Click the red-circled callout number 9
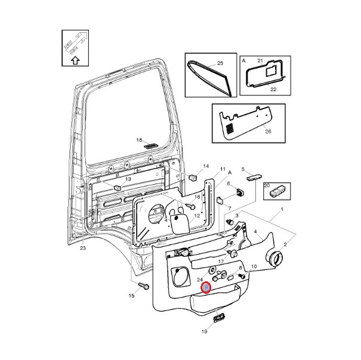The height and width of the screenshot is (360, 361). (206, 287)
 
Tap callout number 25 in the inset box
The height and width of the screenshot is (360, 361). (220, 63)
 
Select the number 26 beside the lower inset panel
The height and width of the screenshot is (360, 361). (268, 131)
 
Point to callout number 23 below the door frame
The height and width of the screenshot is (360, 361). (83, 248)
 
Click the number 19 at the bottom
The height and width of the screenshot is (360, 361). (204, 331)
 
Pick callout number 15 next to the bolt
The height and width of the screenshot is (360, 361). (131, 296)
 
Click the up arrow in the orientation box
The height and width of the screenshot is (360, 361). (75, 61)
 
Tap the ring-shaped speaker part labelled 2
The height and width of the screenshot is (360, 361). (273, 258)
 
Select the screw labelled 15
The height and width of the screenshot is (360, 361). (144, 285)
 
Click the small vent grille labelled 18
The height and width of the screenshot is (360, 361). (150, 146)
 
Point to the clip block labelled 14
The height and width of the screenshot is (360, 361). (193, 177)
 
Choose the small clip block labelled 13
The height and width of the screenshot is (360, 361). (118, 188)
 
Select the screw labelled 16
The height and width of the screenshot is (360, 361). (191, 206)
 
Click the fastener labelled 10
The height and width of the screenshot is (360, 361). (242, 276)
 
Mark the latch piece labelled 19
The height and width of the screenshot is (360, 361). (219, 318)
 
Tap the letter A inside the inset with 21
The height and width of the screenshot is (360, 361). (243, 61)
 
